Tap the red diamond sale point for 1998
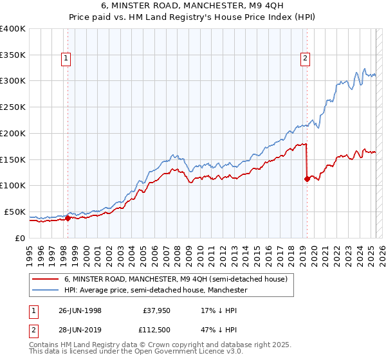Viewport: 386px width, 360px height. [x=68, y=218]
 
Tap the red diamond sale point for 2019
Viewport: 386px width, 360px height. [x=307, y=179]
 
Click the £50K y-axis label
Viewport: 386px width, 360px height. [x=15, y=212]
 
